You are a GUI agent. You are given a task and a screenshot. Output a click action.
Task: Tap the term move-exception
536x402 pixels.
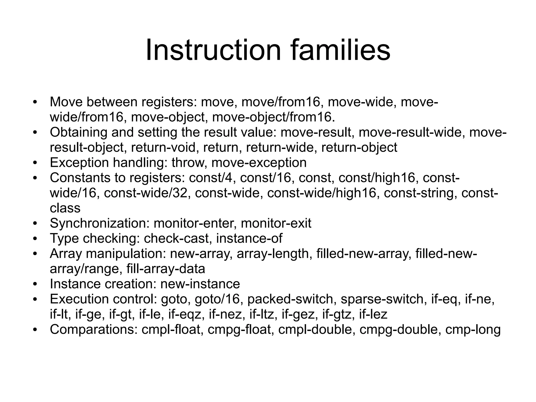(259, 163)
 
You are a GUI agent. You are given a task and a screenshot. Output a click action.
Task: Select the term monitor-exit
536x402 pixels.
(276, 223)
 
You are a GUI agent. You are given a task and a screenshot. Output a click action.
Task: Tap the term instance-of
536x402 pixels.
(249, 239)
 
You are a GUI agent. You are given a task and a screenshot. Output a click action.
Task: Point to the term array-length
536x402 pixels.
(273, 254)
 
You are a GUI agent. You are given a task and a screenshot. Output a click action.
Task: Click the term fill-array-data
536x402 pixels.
(166, 269)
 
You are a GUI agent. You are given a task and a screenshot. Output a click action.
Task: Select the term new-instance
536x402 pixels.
(200, 284)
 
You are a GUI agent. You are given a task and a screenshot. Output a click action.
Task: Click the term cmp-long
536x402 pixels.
(473, 330)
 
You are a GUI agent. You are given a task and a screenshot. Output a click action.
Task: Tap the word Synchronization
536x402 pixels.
(99, 223)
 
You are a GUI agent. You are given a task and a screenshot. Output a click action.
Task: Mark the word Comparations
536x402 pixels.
(93, 330)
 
